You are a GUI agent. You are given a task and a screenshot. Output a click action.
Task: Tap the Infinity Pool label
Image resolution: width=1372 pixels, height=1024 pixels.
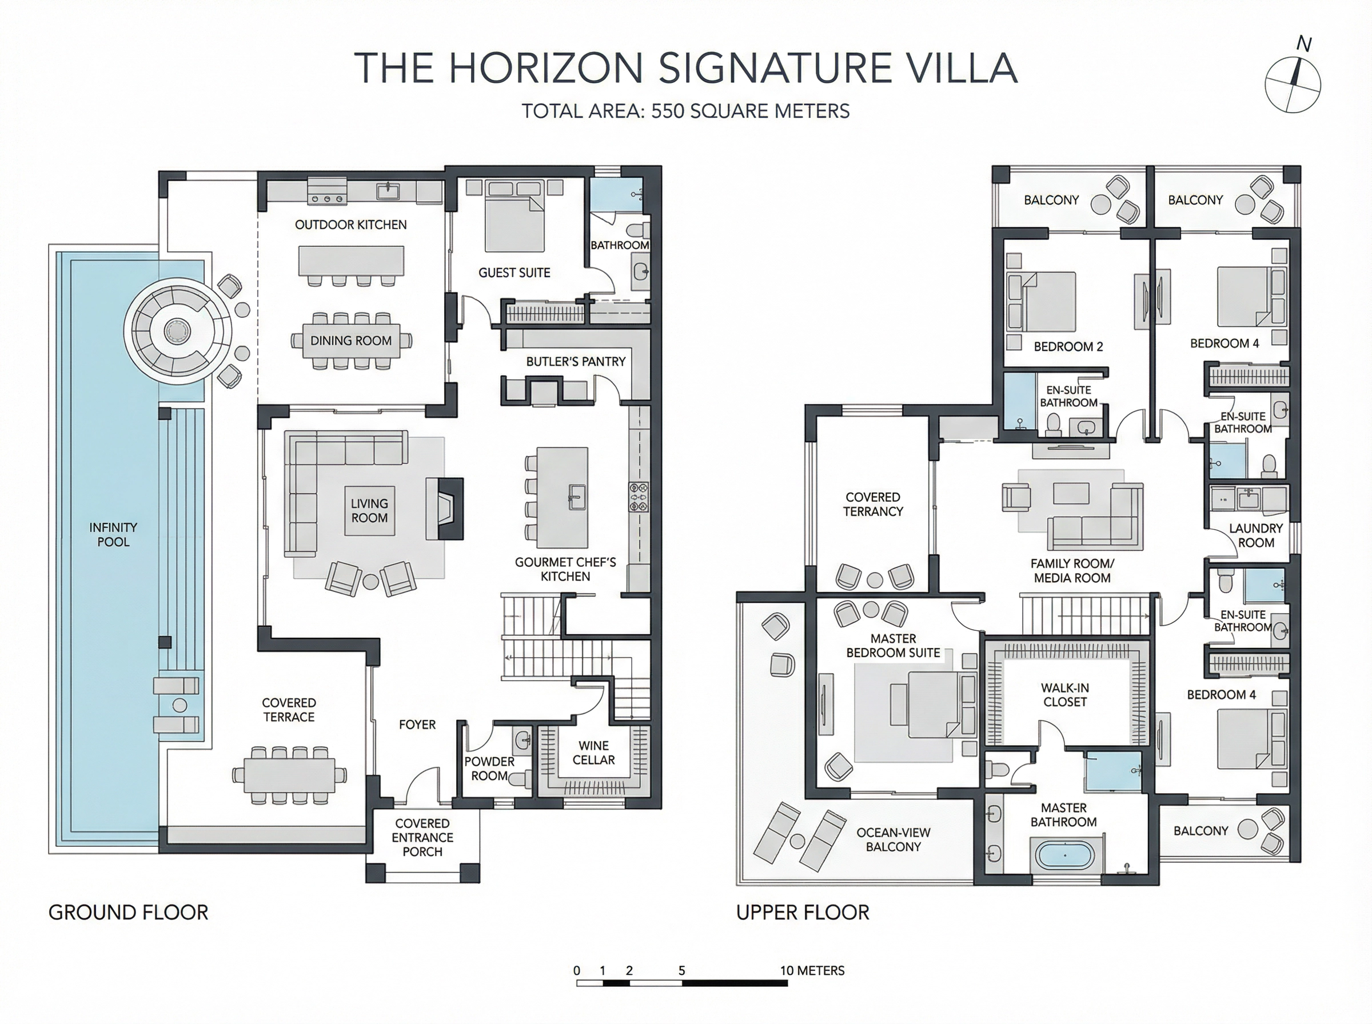(113, 534)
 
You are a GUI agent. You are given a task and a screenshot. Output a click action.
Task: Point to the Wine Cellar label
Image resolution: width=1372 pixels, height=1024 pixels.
(593, 753)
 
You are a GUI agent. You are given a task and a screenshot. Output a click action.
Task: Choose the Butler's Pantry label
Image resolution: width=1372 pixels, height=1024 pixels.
(575, 361)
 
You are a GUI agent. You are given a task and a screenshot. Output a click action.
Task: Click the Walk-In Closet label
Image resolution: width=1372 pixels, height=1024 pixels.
(1064, 694)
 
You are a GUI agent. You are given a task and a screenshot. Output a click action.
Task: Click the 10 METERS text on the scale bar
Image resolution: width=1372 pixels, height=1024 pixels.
(812, 970)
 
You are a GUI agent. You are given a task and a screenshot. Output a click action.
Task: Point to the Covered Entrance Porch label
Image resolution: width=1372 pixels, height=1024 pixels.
(422, 837)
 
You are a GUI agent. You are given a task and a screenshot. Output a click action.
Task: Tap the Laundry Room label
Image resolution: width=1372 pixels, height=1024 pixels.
(1255, 535)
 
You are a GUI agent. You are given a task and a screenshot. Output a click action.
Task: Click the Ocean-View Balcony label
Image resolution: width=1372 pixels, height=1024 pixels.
(893, 839)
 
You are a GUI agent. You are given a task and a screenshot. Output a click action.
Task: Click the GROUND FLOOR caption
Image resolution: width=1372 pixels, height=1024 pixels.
(128, 913)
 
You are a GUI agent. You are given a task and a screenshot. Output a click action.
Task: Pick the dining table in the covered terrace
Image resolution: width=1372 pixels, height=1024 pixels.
(289, 775)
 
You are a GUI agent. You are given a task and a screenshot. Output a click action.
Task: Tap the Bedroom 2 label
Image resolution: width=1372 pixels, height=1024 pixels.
(1068, 346)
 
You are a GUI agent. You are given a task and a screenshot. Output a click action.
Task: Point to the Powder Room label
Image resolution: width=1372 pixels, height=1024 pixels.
(489, 768)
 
